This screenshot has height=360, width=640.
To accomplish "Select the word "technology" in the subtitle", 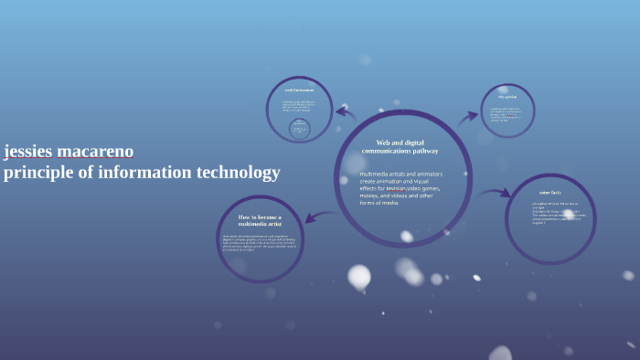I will (x=237, y=173).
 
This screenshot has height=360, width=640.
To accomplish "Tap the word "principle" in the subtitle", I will (x=36, y=173).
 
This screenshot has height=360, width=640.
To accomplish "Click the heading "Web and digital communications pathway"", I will (x=400, y=147).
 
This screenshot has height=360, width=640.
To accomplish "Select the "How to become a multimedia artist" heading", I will (x=260, y=220).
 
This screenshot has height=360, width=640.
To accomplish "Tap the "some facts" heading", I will (x=549, y=193).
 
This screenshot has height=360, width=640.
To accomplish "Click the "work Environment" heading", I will (x=299, y=90).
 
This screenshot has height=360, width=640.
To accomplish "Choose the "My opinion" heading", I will (x=507, y=97).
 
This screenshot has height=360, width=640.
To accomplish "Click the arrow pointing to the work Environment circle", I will (x=345, y=113).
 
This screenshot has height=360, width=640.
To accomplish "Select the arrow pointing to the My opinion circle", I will (x=467, y=117).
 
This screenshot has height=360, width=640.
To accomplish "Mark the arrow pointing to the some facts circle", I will (x=495, y=193).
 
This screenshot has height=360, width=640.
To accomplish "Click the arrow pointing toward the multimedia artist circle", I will (x=320, y=217).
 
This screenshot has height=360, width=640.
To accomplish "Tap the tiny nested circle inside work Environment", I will (x=299, y=129).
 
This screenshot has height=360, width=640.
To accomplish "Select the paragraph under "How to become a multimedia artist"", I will (x=259, y=242).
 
